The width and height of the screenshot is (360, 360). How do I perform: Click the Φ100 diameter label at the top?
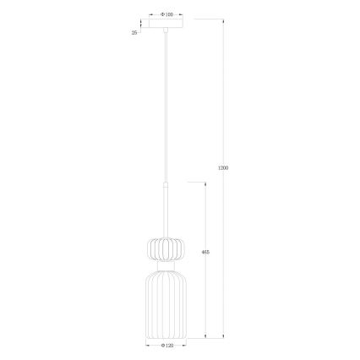click(166, 14)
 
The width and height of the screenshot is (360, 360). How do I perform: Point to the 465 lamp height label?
click(206, 252)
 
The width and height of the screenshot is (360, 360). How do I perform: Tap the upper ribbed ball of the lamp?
click(166, 248)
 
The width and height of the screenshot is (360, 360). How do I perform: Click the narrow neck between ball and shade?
click(166, 265)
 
